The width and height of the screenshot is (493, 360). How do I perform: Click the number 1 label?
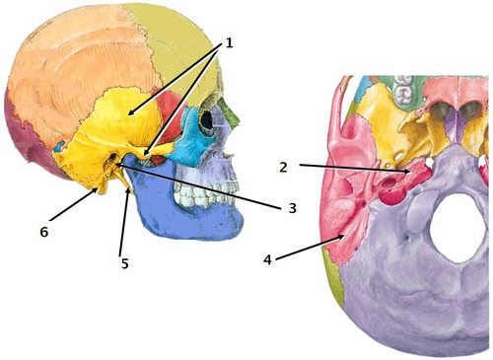(x=229, y=42)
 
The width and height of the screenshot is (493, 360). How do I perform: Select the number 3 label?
(x=292, y=207)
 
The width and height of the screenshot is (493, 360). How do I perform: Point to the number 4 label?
(x=268, y=260)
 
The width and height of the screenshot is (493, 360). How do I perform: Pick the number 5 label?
(x=123, y=263)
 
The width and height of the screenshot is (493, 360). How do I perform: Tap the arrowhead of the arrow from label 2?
(x=413, y=175)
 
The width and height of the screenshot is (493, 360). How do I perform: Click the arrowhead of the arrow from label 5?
(x=130, y=192)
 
